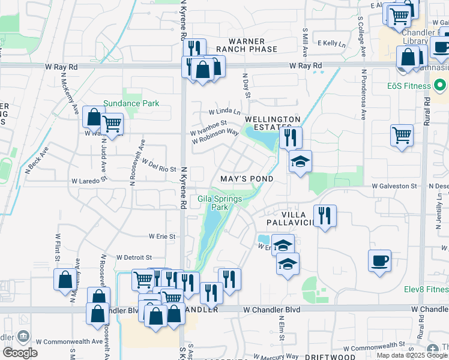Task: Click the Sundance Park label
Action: [131, 103]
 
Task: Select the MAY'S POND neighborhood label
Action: [247, 179]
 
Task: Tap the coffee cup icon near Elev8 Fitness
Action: [379, 261]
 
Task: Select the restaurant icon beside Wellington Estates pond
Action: [291, 138]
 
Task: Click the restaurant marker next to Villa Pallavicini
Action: [325, 216]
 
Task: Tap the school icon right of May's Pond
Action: [300, 161]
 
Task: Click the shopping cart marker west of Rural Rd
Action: [402, 135]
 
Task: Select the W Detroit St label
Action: [138, 257]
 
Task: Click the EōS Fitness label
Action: [409, 86]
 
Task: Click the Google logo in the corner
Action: [20, 353]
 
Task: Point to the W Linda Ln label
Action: [224, 112]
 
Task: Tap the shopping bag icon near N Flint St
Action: [65, 280]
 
